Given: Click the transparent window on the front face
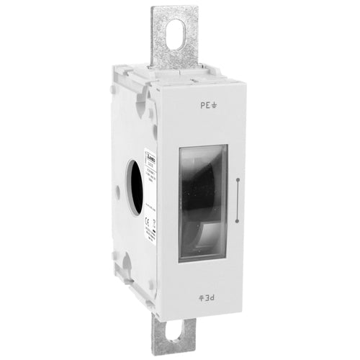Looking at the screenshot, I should tap(203, 202).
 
